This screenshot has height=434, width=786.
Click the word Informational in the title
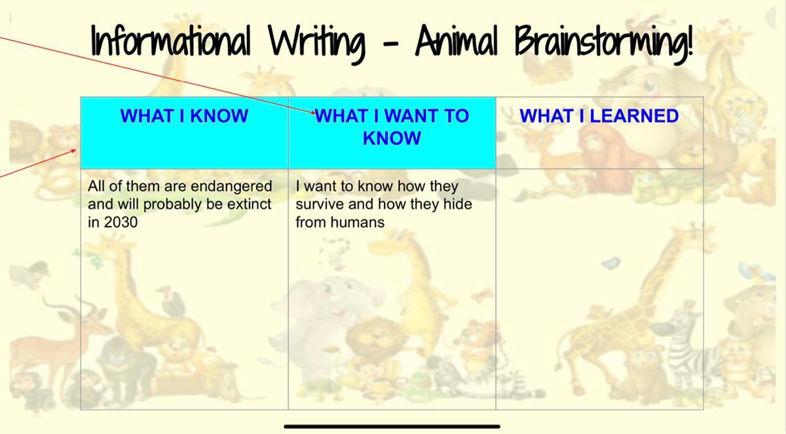(171, 40)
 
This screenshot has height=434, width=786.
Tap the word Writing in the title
(317, 43)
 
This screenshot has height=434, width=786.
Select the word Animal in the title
(457, 40)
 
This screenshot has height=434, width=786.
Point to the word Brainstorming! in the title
(604, 43)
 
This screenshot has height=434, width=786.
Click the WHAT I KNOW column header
(184, 116)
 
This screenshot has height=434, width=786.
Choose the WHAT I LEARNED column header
(599, 116)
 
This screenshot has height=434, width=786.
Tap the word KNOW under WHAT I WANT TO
(392, 138)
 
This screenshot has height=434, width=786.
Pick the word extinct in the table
(249, 204)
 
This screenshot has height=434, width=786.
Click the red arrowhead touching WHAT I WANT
(313, 112)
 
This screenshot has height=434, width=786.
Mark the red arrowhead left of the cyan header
(73, 151)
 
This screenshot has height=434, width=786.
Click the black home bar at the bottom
(392, 427)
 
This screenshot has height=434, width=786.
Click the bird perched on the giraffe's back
(173, 302)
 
